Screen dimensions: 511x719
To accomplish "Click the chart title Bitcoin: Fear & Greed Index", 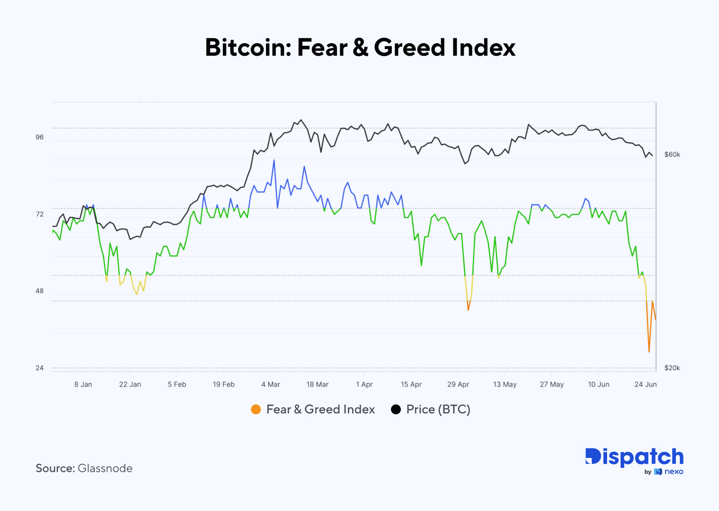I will [x=360, y=48].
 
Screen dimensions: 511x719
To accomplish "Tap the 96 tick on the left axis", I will [x=40, y=137].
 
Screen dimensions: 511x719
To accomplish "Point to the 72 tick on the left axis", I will [x=40, y=214].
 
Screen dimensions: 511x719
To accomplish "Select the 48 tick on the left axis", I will [x=40, y=291].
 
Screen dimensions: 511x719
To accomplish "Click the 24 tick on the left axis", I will [x=40, y=368].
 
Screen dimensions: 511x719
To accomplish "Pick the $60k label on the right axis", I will [x=672, y=155].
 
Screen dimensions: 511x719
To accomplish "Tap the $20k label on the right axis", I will [x=672, y=368].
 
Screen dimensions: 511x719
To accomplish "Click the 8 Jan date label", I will [x=83, y=384].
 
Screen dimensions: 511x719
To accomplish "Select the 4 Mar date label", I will [x=271, y=384].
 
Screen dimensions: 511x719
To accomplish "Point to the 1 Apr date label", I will [x=364, y=384].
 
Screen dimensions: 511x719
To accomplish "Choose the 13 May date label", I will [x=505, y=384].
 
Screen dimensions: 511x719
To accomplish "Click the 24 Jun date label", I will [x=645, y=384].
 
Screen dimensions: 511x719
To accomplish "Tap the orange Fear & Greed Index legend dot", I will [x=256, y=409].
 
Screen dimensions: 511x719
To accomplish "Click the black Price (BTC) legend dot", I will [x=396, y=409].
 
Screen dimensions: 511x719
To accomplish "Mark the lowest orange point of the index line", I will [x=649, y=351].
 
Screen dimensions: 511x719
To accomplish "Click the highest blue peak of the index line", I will [x=274, y=160].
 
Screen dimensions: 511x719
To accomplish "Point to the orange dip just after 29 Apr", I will [x=468, y=310].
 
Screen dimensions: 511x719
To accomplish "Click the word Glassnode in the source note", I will [x=105, y=468].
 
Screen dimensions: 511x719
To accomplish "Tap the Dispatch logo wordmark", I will [x=634, y=457].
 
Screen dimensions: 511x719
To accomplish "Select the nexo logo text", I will [x=674, y=471].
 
